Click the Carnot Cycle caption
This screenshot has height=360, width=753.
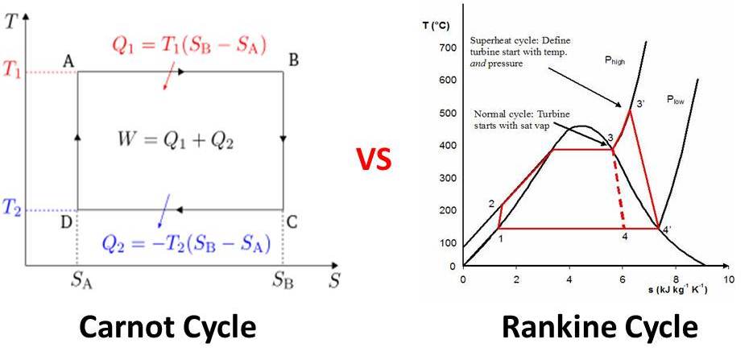tap(168, 328)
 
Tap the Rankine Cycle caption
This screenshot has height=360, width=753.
tap(599, 328)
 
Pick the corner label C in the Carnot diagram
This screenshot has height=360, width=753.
tap(292, 223)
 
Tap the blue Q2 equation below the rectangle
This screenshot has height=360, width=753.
tap(186, 242)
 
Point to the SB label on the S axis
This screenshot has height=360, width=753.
tap(282, 282)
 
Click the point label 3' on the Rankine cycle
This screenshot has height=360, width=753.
tap(640, 104)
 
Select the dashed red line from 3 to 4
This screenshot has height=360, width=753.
tap(619, 189)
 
